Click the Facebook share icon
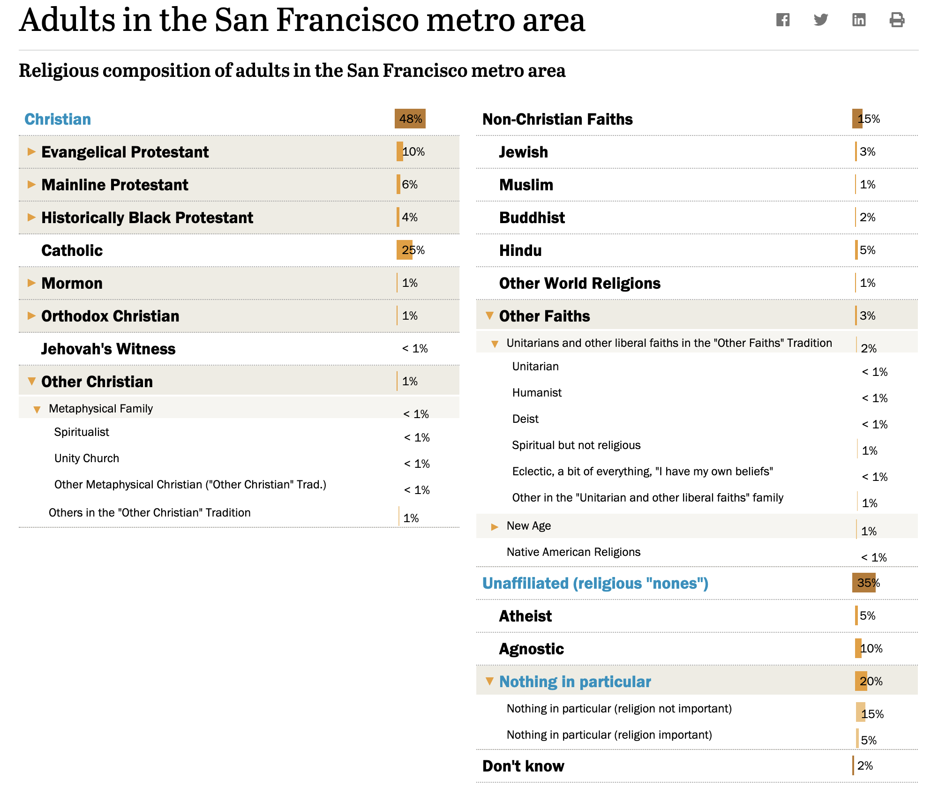click(783, 20)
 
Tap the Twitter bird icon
click(821, 20)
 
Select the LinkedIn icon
click(859, 20)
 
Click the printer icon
click(897, 20)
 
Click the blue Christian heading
click(58, 119)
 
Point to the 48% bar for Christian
click(410, 119)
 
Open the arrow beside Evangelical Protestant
click(31, 151)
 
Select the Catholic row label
click(72, 250)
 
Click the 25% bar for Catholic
click(405, 250)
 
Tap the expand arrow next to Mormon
click(31, 283)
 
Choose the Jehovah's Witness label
click(108, 349)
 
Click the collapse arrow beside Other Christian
click(31, 381)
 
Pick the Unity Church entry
click(87, 458)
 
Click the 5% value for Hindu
click(868, 250)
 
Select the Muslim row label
click(526, 185)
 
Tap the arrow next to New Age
click(495, 527)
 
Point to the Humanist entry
click(537, 392)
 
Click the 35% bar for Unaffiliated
click(864, 583)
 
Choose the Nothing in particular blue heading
click(575, 682)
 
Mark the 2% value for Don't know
click(865, 765)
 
